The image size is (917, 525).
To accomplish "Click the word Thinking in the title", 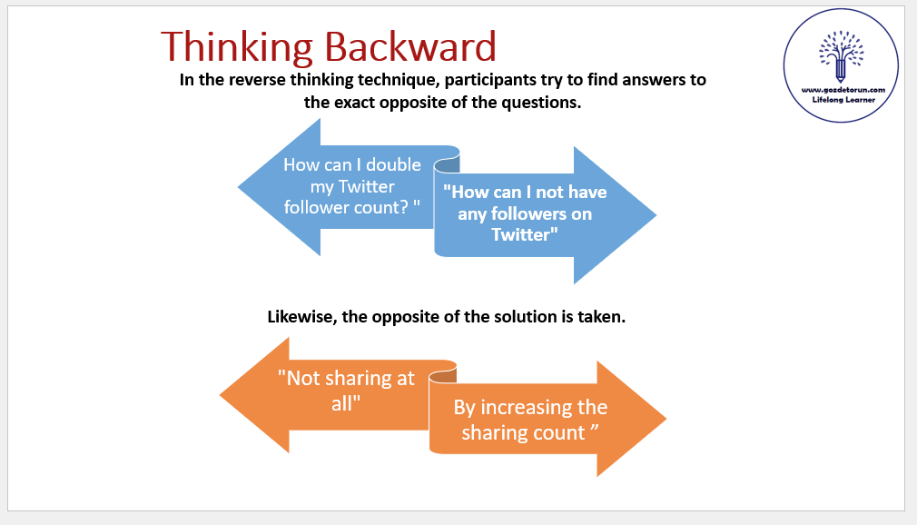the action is click(x=237, y=47).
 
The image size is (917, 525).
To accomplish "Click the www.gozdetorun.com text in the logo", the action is click(x=843, y=90).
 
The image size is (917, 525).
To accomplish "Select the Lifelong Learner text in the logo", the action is click(x=843, y=100).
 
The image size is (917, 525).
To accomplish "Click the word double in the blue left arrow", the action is click(x=393, y=164).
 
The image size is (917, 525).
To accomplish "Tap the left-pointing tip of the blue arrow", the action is click(x=238, y=187).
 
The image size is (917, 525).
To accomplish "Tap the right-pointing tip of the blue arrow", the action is click(x=656, y=214).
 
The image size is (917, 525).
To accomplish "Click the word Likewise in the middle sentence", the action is click(x=302, y=317).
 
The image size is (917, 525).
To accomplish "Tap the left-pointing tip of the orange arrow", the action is click(x=220, y=395).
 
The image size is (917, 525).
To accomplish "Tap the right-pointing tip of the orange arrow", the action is click(x=666, y=419).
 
